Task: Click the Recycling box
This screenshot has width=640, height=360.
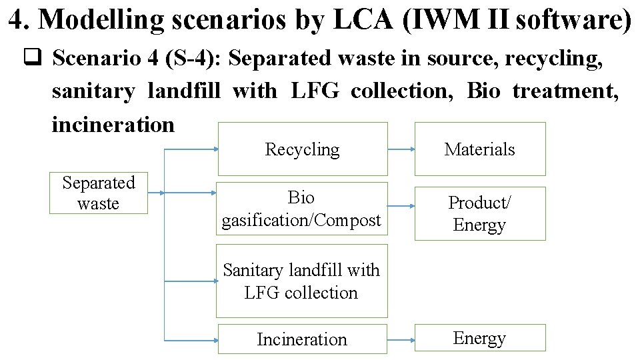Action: [x=301, y=149]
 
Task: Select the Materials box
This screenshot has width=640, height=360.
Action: [x=479, y=149]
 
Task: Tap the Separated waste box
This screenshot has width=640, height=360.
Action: [x=98, y=193]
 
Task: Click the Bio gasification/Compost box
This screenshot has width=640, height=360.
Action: [x=301, y=209]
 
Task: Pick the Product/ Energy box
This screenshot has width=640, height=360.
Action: [x=479, y=213]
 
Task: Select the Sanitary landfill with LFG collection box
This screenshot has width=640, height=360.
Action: [x=301, y=281]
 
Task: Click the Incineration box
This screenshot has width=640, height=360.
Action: [x=301, y=339]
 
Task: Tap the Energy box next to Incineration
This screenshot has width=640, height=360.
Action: [x=479, y=338]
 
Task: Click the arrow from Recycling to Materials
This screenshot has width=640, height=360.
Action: [x=401, y=149]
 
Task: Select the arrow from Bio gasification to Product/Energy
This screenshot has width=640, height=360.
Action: [x=401, y=207]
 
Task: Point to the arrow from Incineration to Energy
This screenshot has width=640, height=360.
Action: [x=401, y=339]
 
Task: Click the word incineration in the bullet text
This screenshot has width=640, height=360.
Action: [x=113, y=124]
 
